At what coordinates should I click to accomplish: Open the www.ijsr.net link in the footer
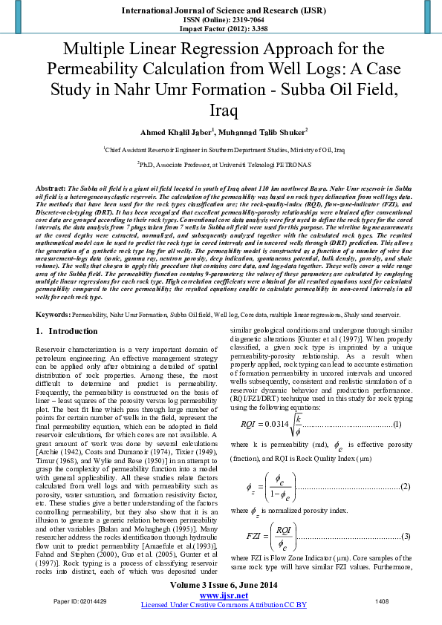pos(221,596)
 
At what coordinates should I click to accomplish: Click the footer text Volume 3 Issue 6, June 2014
pos(221,586)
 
